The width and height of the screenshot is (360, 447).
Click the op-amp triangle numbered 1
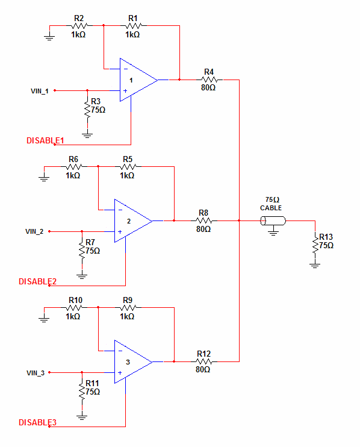pos(137,80)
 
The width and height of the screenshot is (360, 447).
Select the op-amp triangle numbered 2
pos(132,221)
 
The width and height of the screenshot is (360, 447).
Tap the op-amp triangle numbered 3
pos(132,362)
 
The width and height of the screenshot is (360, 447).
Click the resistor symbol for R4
pos(209,79)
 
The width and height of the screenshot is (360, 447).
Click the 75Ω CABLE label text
pos(271,203)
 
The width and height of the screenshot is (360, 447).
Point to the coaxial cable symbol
pos(272,221)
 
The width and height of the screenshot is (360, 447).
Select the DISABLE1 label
pos(45,140)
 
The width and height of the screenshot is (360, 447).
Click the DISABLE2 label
pos(37,281)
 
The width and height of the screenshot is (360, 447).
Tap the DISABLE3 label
pos(37,422)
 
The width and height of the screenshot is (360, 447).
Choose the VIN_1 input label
pos(39,91)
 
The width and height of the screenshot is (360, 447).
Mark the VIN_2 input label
pos(34,231)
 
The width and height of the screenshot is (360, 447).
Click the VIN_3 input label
pos(34,373)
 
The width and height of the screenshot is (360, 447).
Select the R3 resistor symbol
pos(88,110)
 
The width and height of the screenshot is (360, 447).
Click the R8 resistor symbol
pos(203,220)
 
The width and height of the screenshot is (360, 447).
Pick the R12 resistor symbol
pos(203,361)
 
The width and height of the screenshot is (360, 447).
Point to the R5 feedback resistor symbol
pos(128,166)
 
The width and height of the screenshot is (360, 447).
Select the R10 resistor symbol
pos(73,307)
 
